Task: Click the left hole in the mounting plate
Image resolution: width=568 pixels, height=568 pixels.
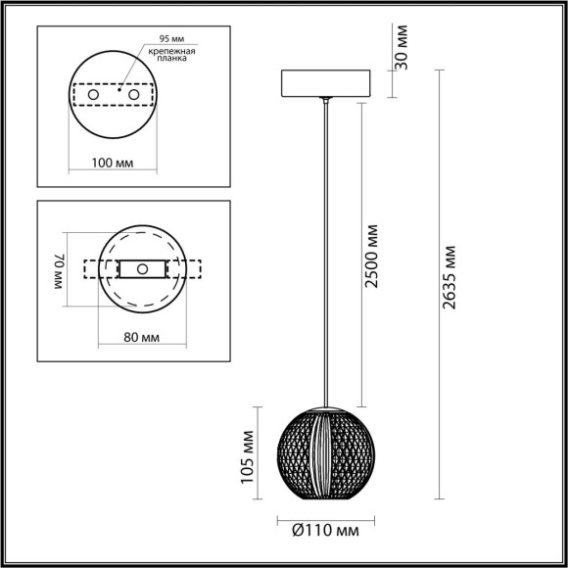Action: point(94,94)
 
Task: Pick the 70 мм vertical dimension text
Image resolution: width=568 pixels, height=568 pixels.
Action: point(59,268)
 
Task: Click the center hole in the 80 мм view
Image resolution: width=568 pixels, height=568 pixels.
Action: point(143,268)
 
